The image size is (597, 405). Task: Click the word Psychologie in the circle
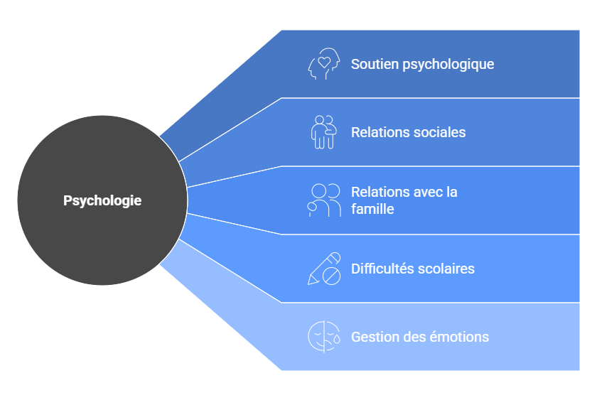(102, 200)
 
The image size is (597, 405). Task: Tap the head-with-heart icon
(324, 64)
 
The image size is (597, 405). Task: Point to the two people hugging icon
(323, 132)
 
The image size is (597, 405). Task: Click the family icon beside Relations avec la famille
(324, 200)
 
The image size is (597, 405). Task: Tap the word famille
(372, 210)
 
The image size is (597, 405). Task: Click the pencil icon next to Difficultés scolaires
(324, 269)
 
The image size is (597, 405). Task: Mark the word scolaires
(446, 269)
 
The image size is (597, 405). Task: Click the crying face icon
(324, 337)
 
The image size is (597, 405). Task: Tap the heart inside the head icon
(324, 62)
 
